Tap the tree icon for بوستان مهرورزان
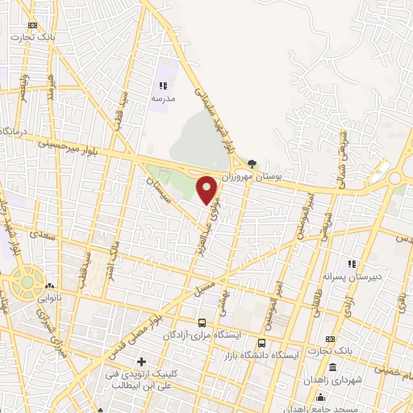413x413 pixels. (252, 163)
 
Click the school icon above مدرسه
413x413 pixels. (163, 86)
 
